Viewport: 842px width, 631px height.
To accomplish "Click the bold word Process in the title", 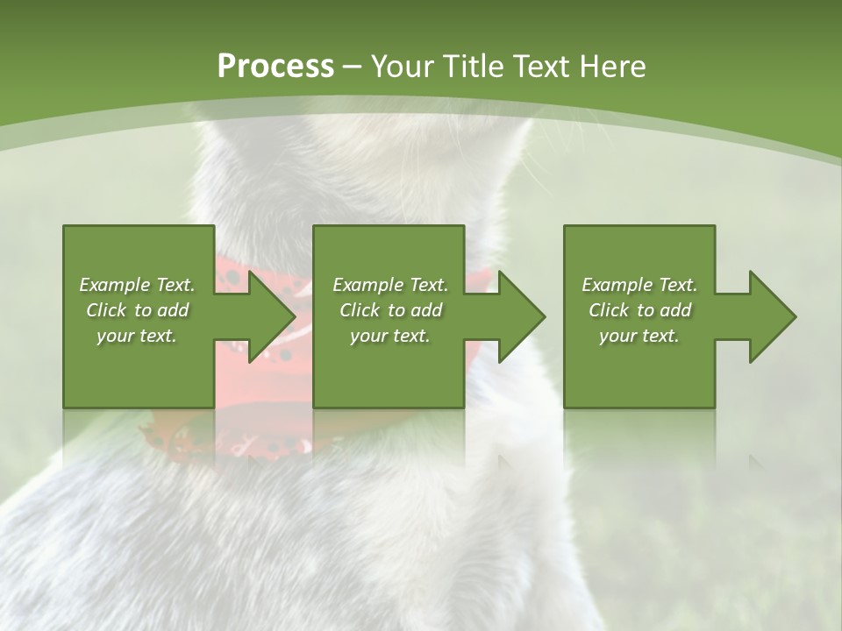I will [x=275, y=67].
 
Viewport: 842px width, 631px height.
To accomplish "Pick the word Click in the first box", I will [x=107, y=310].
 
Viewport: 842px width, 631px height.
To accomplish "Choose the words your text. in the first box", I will [x=137, y=336].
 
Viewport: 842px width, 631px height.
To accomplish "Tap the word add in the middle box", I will [x=426, y=310].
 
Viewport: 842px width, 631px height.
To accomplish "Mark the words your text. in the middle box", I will [x=389, y=336].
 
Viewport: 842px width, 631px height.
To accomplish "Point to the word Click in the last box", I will [x=609, y=310].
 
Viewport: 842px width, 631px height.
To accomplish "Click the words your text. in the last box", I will [x=639, y=336].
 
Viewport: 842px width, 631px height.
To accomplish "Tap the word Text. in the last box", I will [x=677, y=285].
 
